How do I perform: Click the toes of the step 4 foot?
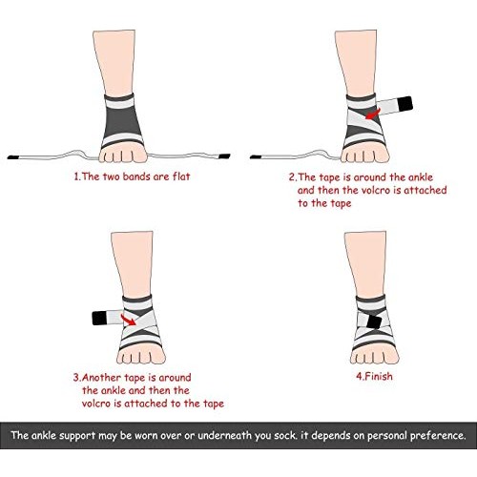(370, 347)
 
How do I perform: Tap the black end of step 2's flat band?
(254, 154)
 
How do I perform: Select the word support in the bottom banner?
(78, 435)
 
